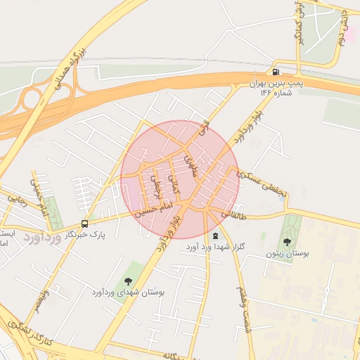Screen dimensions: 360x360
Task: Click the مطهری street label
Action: point(191,165)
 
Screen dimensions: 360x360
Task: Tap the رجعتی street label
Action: point(155,186)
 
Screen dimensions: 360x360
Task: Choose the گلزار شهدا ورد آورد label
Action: point(214,247)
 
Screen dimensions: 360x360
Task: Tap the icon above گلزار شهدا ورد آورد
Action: point(214,236)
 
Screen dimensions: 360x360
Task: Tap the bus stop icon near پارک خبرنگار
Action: point(85,224)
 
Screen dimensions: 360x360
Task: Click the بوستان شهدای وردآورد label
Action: point(127,291)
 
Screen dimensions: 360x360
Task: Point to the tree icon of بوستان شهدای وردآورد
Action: point(127,281)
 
